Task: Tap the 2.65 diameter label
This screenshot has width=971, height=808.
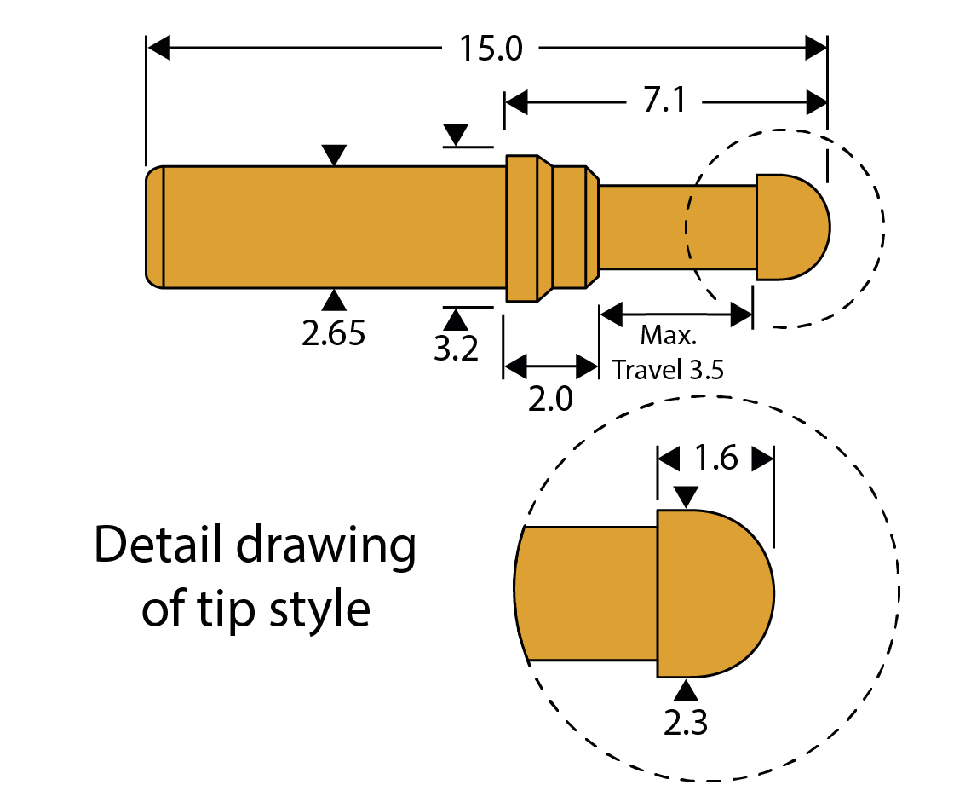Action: click(334, 333)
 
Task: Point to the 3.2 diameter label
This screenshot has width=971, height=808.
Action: click(457, 348)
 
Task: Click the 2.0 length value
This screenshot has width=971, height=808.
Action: click(550, 398)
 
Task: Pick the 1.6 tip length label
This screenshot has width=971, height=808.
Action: click(715, 459)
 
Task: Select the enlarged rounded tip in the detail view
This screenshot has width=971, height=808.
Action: click(715, 593)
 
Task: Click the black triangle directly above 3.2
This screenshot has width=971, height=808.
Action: click(457, 319)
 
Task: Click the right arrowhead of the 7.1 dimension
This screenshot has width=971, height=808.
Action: click(816, 103)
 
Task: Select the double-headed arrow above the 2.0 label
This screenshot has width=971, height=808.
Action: click(550, 367)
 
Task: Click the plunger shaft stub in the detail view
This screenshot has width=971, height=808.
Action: click(588, 593)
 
